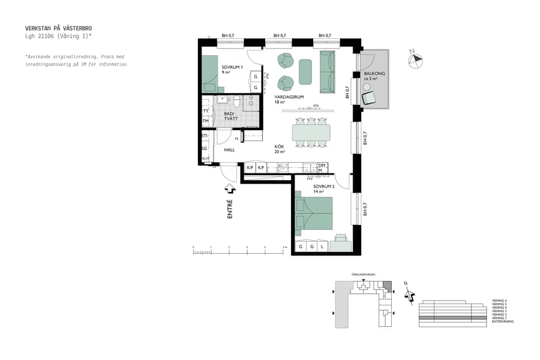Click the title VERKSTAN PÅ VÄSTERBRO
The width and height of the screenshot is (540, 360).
pyautogui.click(x=58, y=28)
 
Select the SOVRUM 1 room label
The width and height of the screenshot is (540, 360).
pyautogui.click(x=232, y=67)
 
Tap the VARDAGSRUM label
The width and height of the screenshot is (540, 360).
pyautogui.click(x=289, y=97)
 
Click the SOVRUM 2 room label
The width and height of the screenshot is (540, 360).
pyautogui.click(x=323, y=187)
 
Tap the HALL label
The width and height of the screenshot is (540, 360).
pyautogui.click(x=229, y=150)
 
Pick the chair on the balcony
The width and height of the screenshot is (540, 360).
pyautogui.click(x=368, y=98)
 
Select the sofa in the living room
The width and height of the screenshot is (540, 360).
pyautogui.click(x=327, y=72)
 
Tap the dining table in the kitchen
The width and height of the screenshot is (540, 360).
pyautogui.click(x=311, y=131)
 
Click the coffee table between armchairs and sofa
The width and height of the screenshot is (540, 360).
pyautogui.click(x=305, y=72)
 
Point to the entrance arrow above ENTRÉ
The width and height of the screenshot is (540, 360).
pyautogui.click(x=230, y=189)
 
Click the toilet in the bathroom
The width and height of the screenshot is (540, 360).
pyautogui.click(x=237, y=101)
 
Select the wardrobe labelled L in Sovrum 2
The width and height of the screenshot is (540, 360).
pyautogui.click(x=322, y=247)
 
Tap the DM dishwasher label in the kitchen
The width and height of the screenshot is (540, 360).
pyautogui.click(x=322, y=166)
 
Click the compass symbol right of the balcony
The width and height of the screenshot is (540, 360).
pyautogui.click(x=415, y=59)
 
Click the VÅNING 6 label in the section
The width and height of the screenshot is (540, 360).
pyautogui.click(x=499, y=300)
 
